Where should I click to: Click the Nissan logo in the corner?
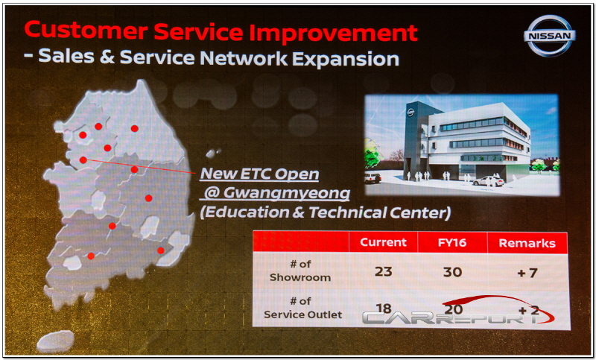[549, 36]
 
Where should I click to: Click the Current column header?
[383, 242]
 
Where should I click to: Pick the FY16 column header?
[452, 242]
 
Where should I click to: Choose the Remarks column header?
[527, 243]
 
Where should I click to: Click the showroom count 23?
[383, 272]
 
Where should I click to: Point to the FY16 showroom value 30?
[452, 272]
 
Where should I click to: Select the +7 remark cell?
[527, 273]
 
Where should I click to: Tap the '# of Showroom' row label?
[300, 271]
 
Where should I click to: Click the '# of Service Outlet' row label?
[303, 308]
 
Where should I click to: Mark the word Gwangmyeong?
[287, 194]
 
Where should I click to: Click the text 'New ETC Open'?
[259, 174]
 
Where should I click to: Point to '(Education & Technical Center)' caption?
[326, 212]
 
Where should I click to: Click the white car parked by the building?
[489, 181]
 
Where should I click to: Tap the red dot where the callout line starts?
[83, 160]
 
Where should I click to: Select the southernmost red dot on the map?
[91, 256]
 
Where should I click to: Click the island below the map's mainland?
[56, 341]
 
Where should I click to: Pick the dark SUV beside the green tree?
[372, 177]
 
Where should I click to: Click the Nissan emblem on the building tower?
[410, 113]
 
